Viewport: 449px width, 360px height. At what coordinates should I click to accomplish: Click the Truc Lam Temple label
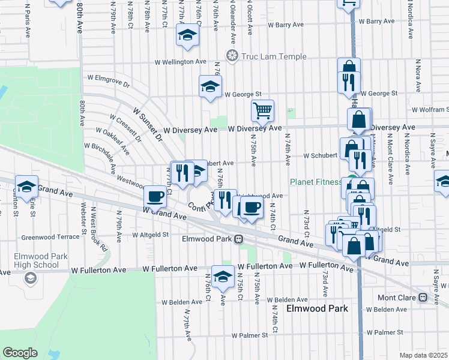pos(274,56)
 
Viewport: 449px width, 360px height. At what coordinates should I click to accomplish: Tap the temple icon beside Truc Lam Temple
pos(232,56)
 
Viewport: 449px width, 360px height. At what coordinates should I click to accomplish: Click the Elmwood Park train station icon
pos(238,239)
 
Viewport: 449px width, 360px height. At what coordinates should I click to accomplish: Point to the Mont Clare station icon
pos(422,297)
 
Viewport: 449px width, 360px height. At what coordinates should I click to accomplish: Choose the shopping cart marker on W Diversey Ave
pos(262,110)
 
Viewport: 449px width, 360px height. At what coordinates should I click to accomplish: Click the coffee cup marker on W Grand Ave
pos(155,196)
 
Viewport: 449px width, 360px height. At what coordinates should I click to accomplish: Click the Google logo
pos(20,353)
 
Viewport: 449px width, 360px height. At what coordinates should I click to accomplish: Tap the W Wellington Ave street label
pos(180,62)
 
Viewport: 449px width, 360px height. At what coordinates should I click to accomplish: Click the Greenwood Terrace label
pos(50,237)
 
